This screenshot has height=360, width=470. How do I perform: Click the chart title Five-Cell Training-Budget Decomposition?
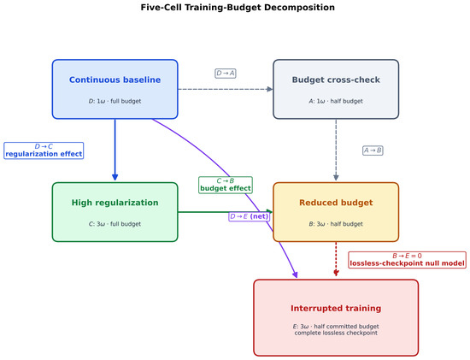(x=238, y=7)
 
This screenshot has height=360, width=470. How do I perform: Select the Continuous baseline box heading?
(x=115, y=80)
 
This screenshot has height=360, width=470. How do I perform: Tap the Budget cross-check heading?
(x=336, y=80)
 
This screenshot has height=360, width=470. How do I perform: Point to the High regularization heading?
(x=115, y=203)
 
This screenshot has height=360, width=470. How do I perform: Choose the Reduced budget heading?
(x=336, y=203)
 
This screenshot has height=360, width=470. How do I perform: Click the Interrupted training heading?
(x=336, y=309)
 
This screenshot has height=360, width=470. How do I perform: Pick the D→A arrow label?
(x=226, y=74)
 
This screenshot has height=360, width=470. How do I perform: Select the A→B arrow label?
(x=373, y=150)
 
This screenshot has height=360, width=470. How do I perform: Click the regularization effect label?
(x=44, y=154)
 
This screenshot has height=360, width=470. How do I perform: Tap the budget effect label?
(x=226, y=188)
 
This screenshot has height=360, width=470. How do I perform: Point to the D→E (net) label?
(x=249, y=216)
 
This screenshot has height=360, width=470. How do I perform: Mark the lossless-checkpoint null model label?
(x=408, y=263)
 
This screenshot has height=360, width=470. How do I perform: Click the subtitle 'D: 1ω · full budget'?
(x=115, y=101)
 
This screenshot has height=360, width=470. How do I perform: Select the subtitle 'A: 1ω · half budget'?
(x=336, y=101)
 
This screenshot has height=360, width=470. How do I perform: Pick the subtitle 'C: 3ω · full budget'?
(x=115, y=224)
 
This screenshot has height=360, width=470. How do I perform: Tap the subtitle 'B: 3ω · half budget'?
(x=336, y=224)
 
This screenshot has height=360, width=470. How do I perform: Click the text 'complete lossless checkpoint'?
(x=336, y=333)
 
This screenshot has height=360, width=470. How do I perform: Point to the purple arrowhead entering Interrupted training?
(x=296, y=274)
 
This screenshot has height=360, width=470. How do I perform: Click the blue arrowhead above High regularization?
(x=115, y=177)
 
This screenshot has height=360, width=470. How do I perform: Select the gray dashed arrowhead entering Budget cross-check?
(x=270, y=89)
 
